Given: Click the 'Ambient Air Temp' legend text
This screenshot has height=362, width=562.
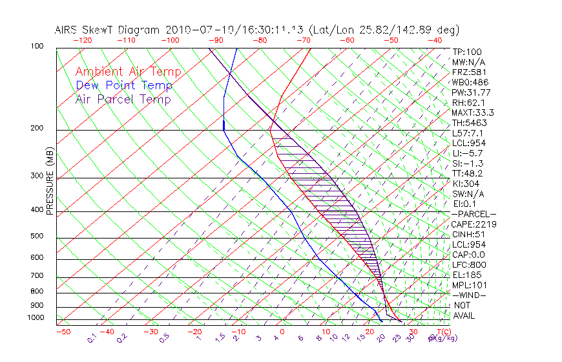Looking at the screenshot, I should tap(128, 72).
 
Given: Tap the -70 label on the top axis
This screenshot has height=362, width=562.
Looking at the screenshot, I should tap(303, 40).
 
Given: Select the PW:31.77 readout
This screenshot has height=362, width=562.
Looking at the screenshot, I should tap(472, 92).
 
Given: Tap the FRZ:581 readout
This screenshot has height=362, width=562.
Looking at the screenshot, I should tap(470, 72).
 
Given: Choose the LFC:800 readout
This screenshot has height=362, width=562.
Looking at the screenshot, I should tap(470, 264).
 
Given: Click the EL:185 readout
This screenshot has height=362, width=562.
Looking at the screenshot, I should tap(468, 275).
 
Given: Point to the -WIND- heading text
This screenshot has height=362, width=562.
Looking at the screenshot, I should tap(470, 295).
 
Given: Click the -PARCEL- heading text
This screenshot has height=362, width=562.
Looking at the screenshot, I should tap(474, 214).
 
